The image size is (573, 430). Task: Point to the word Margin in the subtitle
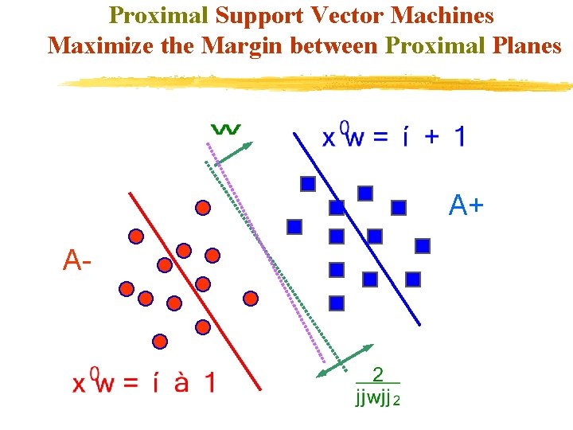point(243,45)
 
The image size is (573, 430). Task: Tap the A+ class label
point(466,206)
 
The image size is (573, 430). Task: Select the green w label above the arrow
point(228,128)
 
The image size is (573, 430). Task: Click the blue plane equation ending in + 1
point(393,137)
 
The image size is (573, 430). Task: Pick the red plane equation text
point(143,383)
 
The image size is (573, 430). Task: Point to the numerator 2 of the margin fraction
point(378,374)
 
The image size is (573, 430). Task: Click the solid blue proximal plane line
point(358,231)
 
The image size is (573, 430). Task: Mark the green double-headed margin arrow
point(345,360)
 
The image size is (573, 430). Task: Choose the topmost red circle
point(203,208)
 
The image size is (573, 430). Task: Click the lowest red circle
point(160,341)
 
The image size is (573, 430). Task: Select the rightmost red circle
point(251,299)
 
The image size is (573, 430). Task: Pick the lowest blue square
point(337,303)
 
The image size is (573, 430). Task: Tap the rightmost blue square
point(423,246)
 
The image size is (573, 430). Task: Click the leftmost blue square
point(294,227)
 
